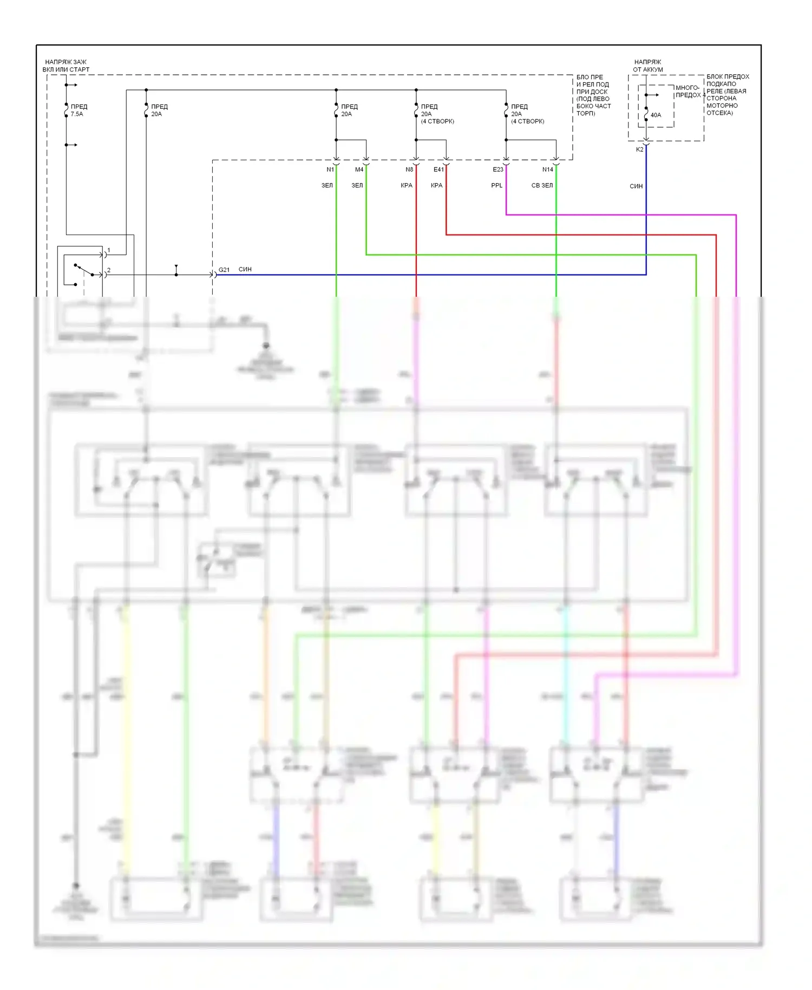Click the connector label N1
point(330,170)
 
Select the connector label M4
point(359,170)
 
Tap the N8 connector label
point(409,170)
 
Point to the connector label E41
point(438,170)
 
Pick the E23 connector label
point(497,170)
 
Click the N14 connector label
point(547,170)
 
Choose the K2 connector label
point(639,149)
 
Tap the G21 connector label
point(224,270)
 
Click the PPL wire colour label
point(496,185)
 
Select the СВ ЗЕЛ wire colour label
point(542,185)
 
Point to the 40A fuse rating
point(656,115)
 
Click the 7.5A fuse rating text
point(77,114)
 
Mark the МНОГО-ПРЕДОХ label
point(688,91)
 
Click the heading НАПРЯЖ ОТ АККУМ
point(647,66)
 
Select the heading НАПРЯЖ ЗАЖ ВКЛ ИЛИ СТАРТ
point(66,66)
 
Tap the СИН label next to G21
point(245,269)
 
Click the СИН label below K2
point(636,186)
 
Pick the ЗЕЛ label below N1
point(327,185)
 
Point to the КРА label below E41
point(436,185)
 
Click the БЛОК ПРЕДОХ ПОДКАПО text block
point(727,95)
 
